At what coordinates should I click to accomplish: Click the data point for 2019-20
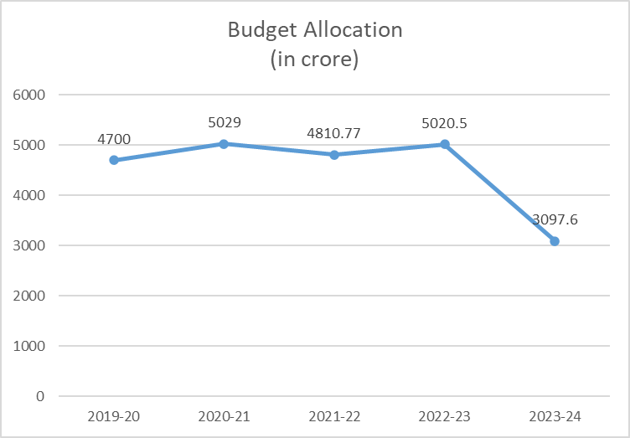113,160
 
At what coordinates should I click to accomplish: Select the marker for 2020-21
224,143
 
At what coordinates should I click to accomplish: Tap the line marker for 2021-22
334,154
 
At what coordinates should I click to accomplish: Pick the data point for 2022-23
445,144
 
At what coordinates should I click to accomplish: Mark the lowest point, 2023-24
555,240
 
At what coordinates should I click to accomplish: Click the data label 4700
113,139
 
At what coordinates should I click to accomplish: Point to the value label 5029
224,122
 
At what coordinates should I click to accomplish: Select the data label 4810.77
334,133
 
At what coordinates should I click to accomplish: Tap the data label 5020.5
445,123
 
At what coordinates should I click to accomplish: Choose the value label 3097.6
555,220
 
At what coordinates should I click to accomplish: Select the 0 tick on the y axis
39,396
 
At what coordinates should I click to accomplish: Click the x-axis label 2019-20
113,416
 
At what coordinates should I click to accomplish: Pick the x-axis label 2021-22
334,416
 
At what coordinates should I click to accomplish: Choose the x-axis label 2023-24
555,416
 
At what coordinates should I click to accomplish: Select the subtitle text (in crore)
315,60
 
